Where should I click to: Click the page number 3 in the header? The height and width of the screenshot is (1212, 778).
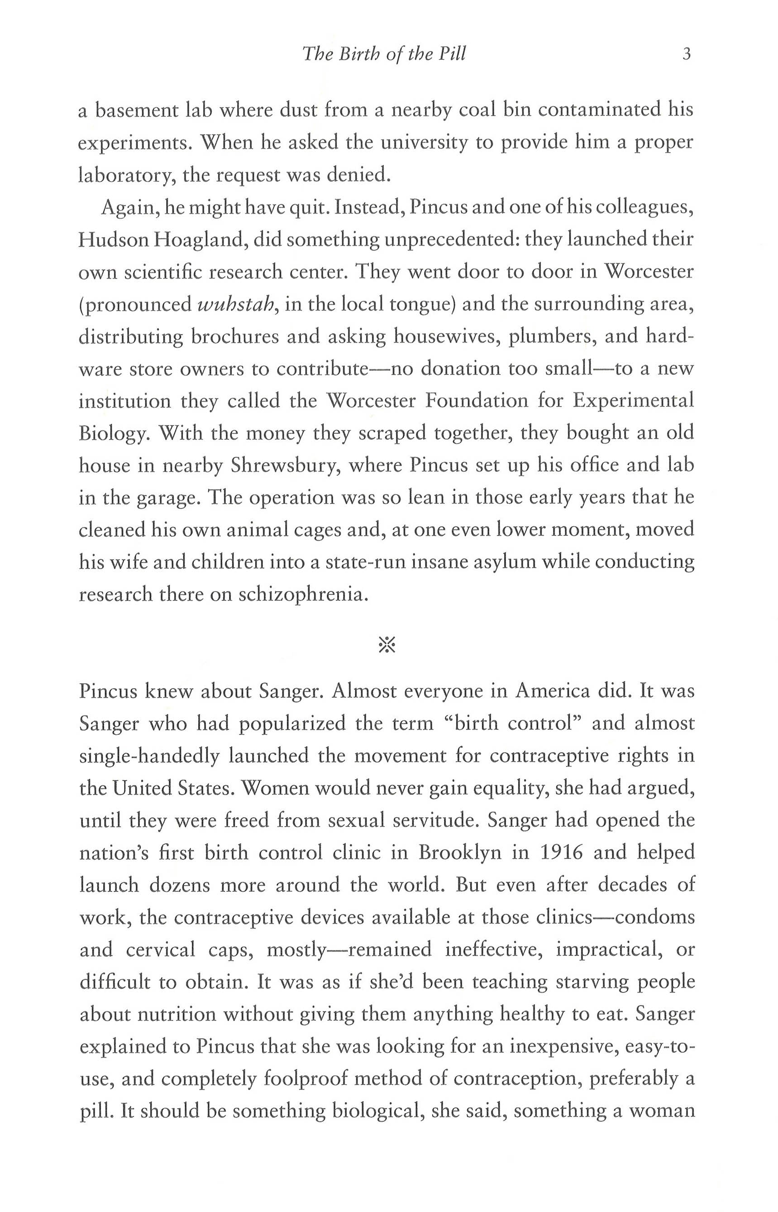[686, 54]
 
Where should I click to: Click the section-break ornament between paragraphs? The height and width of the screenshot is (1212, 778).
[387, 644]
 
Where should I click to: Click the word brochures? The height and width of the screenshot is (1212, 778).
[234, 337]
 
